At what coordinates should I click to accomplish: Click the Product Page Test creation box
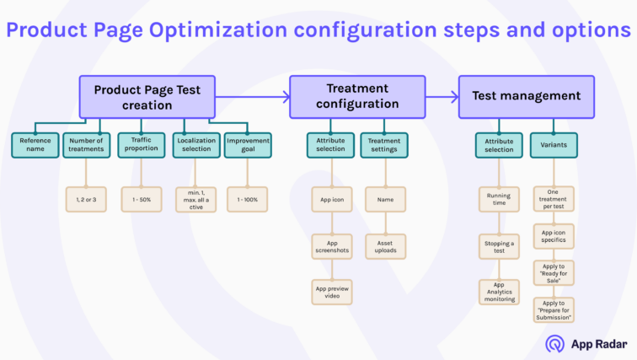click(x=147, y=96)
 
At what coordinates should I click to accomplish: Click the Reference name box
click(x=35, y=145)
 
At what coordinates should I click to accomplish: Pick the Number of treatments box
click(x=87, y=145)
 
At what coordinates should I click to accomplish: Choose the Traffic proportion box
click(x=141, y=145)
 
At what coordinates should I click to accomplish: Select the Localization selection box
click(x=195, y=145)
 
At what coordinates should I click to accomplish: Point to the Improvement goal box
click(x=248, y=145)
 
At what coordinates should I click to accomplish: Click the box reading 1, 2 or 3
click(x=87, y=199)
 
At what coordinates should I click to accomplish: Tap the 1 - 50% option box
click(x=141, y=199)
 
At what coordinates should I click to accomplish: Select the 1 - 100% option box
click(x=248, y=199)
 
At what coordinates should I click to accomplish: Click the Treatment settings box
click(x=385, y=145)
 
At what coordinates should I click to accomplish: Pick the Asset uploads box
click(x=385, y=245)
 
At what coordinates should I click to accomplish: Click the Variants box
click(x=554, y=145)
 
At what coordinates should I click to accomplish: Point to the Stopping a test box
click(x=499, y=245)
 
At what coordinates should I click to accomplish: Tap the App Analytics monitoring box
click(x=499, y=292)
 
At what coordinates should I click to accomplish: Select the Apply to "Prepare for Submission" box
click(x=554, y=309)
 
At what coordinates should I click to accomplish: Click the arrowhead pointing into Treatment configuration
click(x=286, y=96)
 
